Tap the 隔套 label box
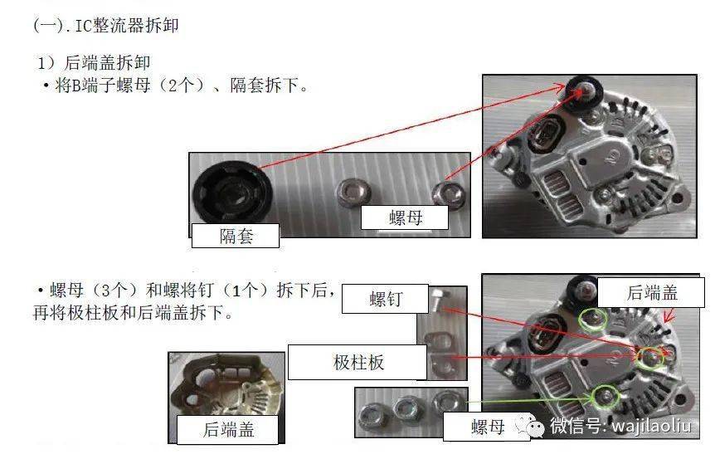click(x=236, y=237)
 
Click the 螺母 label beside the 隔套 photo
click(x=405, y=218)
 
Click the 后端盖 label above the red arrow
click(x=651, y=291)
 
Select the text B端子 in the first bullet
click(x=91, y=85)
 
